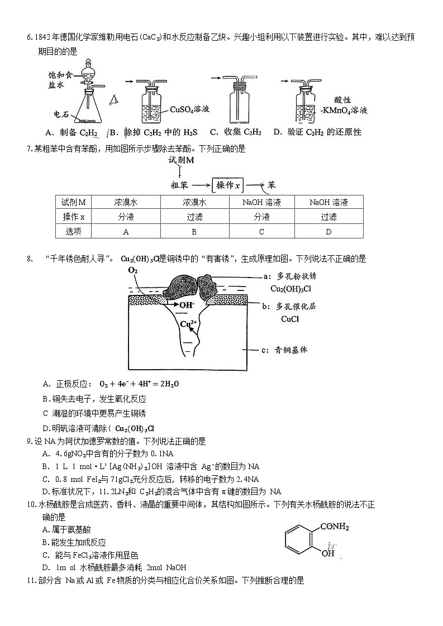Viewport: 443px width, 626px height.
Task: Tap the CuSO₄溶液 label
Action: pos(189,109)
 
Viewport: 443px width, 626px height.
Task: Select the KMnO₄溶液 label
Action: pos(344,111)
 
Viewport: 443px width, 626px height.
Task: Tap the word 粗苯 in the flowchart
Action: pos(180,185)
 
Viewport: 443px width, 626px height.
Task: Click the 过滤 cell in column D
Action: pos(328,217)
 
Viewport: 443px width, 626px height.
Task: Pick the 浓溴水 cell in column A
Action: pos(126,202)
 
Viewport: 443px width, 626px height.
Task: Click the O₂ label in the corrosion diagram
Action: pos(133,270)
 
